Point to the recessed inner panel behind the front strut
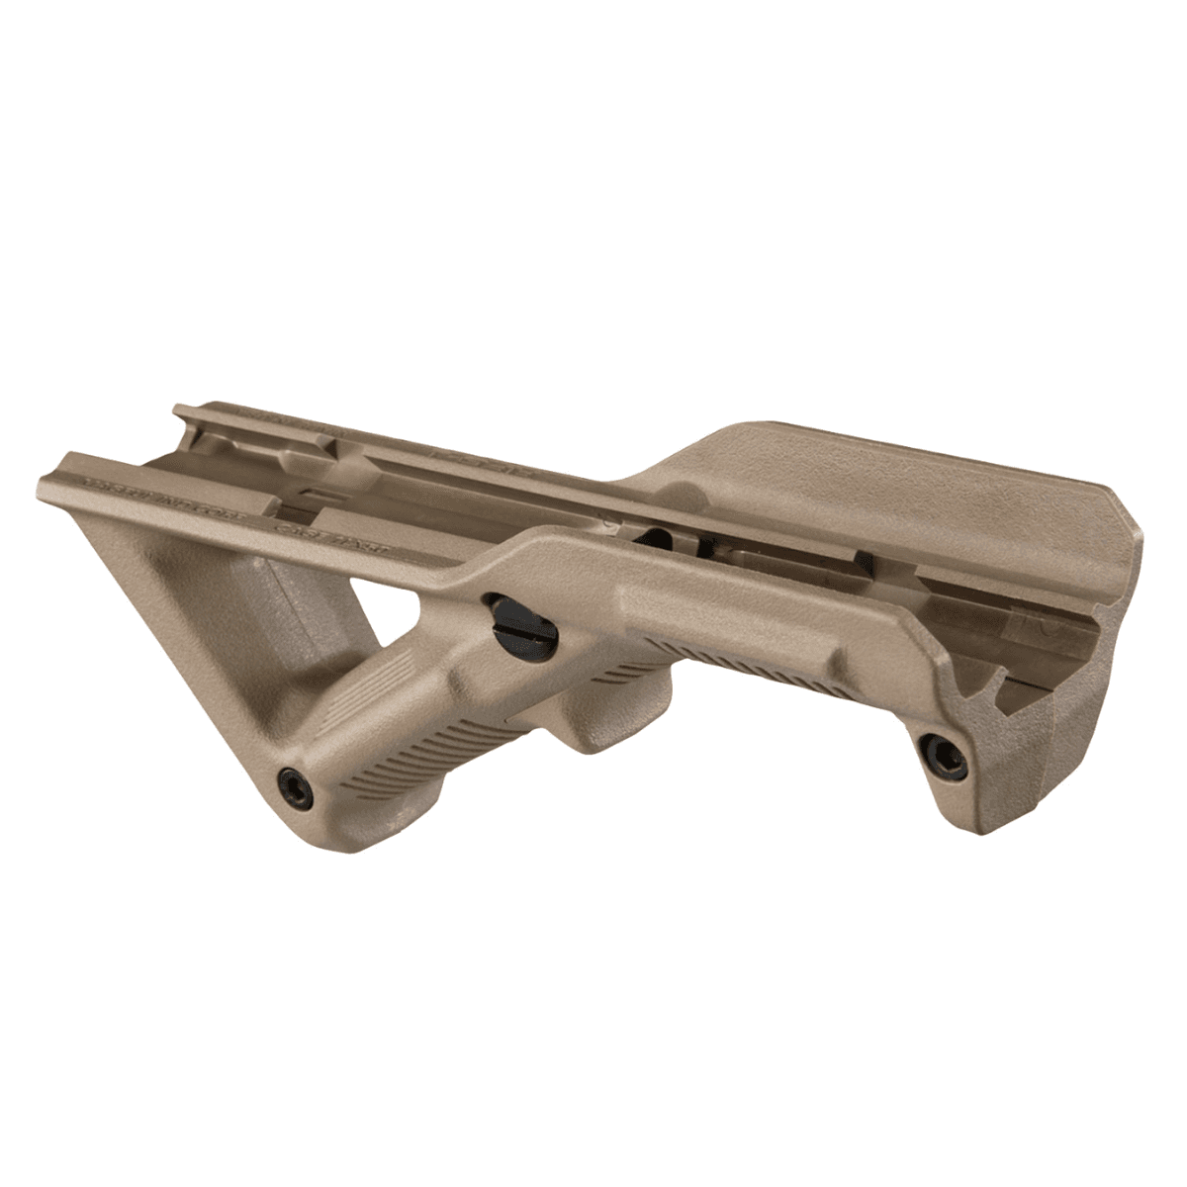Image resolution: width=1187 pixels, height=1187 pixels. [x=267, y=603]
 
